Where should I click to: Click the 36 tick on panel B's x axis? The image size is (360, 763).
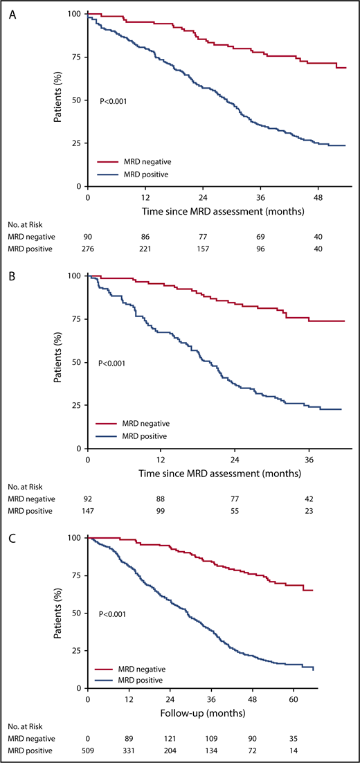pyautogui.click(x=309, y=459)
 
